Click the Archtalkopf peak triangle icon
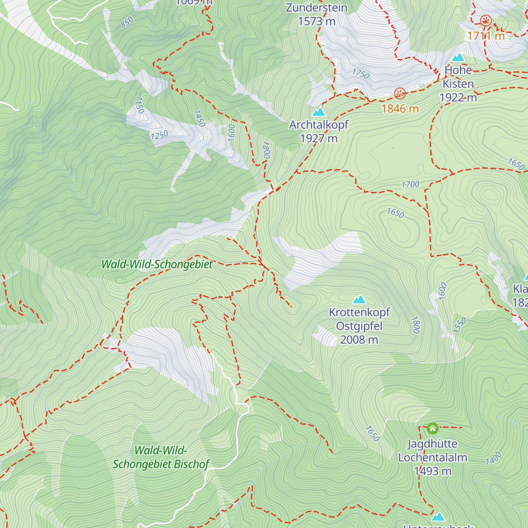tap(319, 112)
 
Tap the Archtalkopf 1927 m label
tap(319, 132)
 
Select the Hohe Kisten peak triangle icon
tap(458, 58)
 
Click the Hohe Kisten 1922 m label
tap(458, 84)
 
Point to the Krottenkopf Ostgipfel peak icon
tap(359, 300)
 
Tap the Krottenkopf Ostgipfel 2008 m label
tap(359, 326)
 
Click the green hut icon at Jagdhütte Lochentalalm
tap(433, 428)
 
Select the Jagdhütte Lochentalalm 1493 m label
tap(433, 458)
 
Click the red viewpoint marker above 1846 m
tap(400, 93)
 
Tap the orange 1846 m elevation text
tap(400, 109)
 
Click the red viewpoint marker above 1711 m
tap(486, 20)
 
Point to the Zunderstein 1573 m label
tap(317, 14)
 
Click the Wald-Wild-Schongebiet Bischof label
tap(161, 457)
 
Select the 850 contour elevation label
tap(127, 22)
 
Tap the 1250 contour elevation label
tap(159, 135)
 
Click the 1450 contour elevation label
tap(199, 118)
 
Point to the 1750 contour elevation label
tap(361, 73)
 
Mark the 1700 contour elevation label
tap(410, 185)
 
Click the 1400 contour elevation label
tap(494, 458)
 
